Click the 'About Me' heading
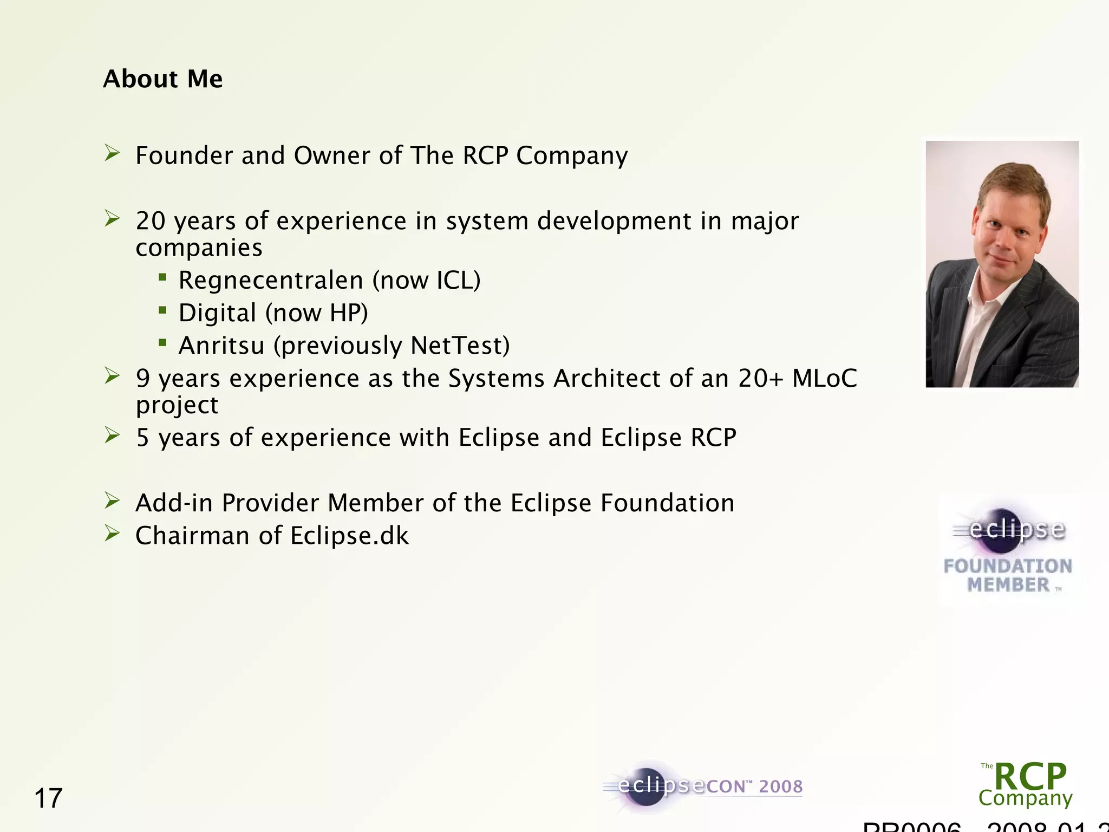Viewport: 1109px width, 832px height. (162, 79)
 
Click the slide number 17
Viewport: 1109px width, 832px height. (48, 798)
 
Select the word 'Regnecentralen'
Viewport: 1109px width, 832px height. (271, 281)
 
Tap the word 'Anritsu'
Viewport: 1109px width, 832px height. (221, 346)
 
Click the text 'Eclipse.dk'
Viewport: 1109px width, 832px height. (349, 536)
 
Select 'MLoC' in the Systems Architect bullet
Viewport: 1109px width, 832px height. (824, 378)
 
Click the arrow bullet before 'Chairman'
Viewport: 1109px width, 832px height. (112, 534)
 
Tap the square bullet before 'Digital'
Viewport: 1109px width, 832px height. (162, 310)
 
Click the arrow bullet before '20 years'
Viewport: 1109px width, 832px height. (112, 219)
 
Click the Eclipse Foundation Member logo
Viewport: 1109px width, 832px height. (1008, 550)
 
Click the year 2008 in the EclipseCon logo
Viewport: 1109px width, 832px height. (780, 786)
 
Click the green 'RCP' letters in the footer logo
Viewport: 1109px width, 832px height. (1030, 776)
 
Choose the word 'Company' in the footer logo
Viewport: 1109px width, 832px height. (1025, 798)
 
